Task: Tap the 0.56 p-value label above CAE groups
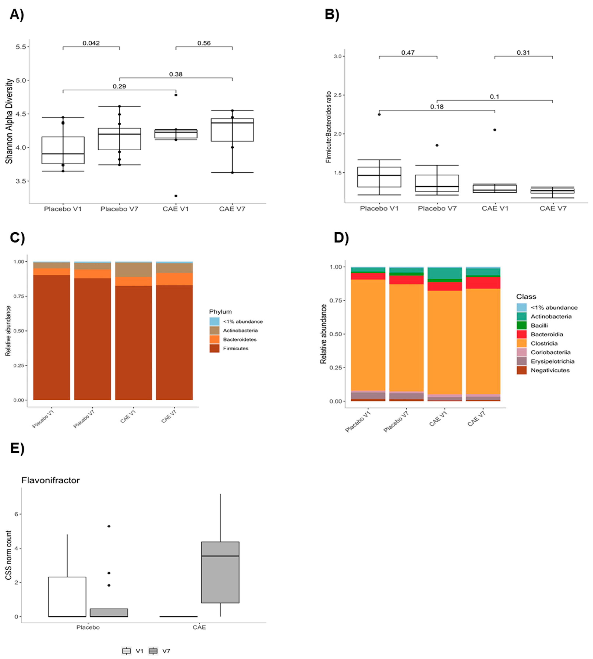pyautogui.click(x=204, y=43)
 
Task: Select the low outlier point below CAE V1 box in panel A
pyautogui.click(x=176, y=196)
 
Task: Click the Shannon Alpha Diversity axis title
pyautogui.click(x=9, y=121)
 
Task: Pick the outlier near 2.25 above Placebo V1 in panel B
pyautogui.click(x=379, y=114)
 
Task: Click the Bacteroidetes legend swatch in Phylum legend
pyautogui.click(x=214, y=339)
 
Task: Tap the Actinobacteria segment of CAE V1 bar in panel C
pyautogui.click(x=134, y=270)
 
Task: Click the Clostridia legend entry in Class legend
pyautogui.click(x=544, y=343)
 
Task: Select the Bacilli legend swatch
pyautogui.click(x=521, y=325)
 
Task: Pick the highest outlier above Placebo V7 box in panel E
pyautogui.click(x=109, y=526)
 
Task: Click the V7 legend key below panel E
pyautogui.click(x=153, y=651)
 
